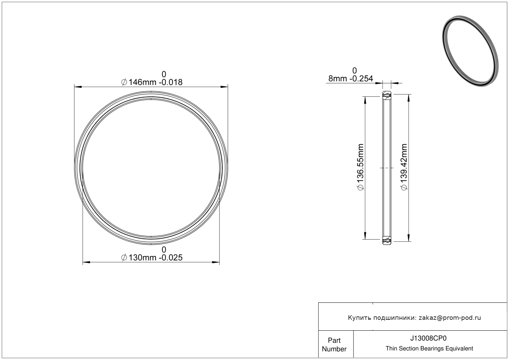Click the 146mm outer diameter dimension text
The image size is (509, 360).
tap(152, 82)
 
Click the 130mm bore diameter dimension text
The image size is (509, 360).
tap(152, 258)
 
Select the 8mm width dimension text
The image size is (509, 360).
tap(351, 78)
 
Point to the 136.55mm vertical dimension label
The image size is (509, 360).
tap(361, 167)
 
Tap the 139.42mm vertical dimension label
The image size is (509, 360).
tap(404, 167)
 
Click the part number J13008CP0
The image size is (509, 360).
tap(428, 338)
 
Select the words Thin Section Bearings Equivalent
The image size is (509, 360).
tap(429, 349)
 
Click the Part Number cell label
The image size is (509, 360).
tap(334, 345)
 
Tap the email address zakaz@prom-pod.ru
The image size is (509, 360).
tap(450, 318)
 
